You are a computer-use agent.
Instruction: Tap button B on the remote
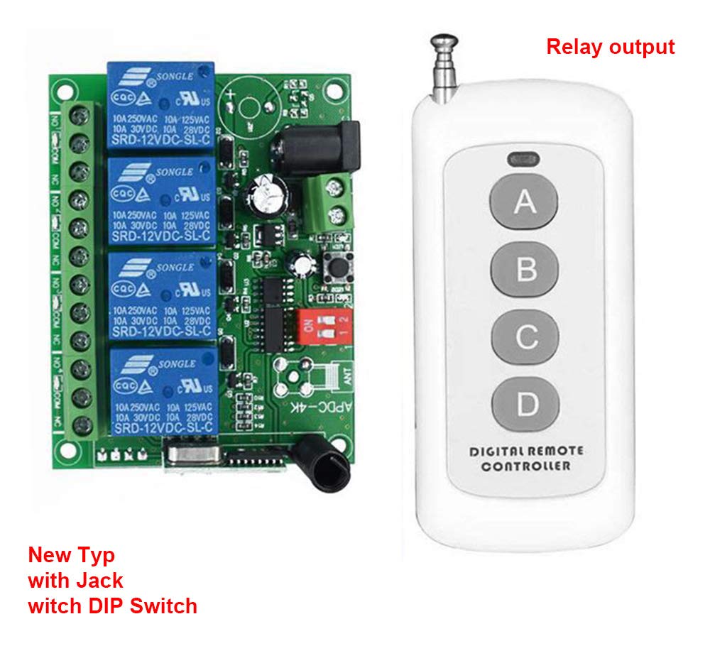tap(525, 270)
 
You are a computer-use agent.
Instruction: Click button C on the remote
tap(525, 337)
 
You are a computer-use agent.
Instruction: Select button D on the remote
tap(525, 404)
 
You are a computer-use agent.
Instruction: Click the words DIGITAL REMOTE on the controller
tap(525, 451)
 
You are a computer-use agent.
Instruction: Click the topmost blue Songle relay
tap(161, 105)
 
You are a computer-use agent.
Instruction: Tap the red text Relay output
tap(610, 47)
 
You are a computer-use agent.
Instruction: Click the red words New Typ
tap(71, 554)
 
